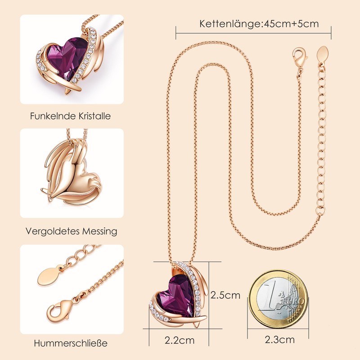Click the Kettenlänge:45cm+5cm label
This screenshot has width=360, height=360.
[x=259, y=23]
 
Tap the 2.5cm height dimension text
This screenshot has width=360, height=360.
[x=225, y=295]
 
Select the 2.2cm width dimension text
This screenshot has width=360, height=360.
[x=180, y=340]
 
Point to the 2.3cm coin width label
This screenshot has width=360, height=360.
[x=280, y=340]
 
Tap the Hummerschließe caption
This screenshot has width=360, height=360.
[x=71, y=343]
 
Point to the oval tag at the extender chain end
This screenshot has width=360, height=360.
[x=323, y=54]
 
